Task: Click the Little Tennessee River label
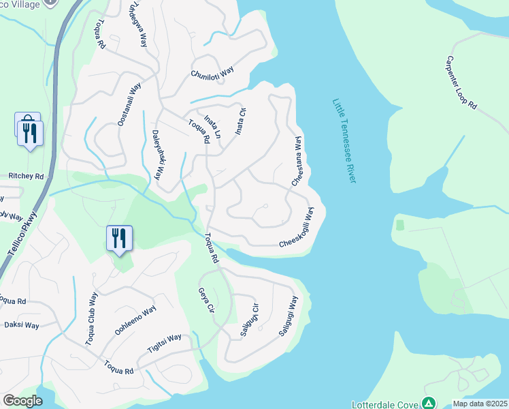pos(344,140)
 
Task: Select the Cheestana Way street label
pos(297,162)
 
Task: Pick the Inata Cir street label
pos(239,121)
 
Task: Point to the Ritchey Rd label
pos(26,176)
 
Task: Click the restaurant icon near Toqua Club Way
pos(119,239)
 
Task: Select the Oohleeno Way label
pos(135,320)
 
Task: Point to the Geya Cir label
pos(206,299)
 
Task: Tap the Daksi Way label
pos(21,325)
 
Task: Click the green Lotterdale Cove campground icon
pos(428,403)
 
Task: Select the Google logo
pos(23,401)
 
